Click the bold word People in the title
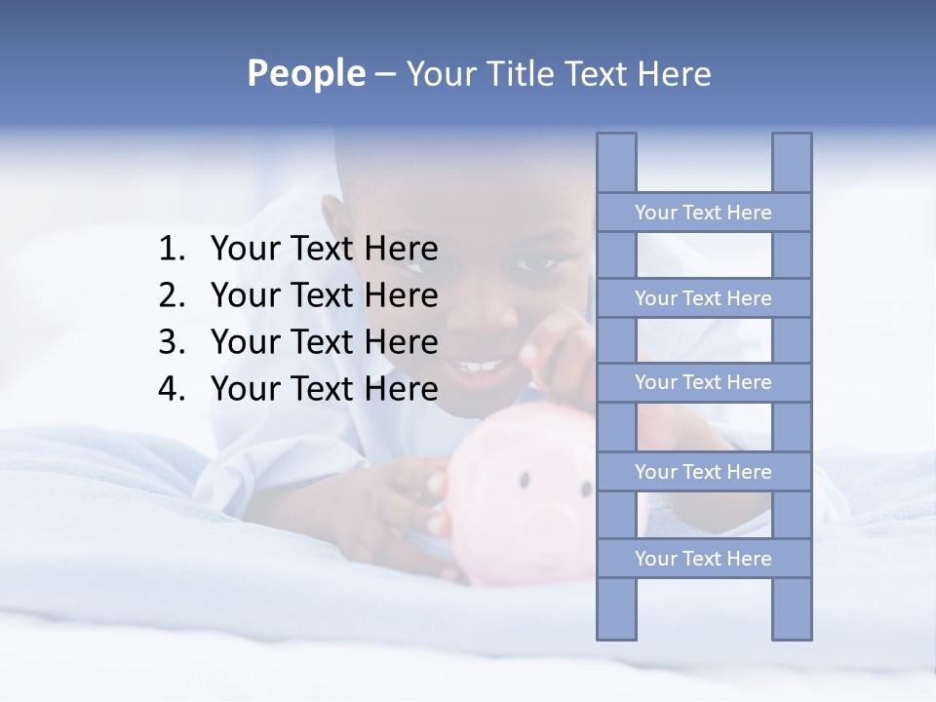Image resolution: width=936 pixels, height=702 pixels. pos(305,73)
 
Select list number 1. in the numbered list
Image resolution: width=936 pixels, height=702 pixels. pos(172,250)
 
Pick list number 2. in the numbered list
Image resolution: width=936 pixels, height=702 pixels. pos(172,296)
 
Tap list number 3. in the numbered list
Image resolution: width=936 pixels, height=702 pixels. pos(172,343)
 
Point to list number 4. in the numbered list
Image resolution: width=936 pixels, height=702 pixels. pos(172,390)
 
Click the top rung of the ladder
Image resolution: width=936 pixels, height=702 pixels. pos(703,213)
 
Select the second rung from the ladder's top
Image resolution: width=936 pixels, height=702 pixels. pos(703,298)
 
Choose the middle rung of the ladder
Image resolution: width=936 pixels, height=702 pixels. pos(703,383)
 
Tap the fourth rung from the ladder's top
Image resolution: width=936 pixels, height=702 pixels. pos(703,472)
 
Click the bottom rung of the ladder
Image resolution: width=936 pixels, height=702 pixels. pos(703,559)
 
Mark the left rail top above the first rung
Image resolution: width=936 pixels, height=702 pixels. pos(616,162)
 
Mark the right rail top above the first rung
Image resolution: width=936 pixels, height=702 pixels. pos(792,162)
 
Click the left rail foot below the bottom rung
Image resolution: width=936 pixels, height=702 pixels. pos(616,609)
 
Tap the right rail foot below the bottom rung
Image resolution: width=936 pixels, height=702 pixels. pos(792,609)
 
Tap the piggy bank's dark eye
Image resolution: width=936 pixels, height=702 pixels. pos(526,480)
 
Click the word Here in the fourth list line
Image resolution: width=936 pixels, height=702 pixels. pos(401,390)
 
